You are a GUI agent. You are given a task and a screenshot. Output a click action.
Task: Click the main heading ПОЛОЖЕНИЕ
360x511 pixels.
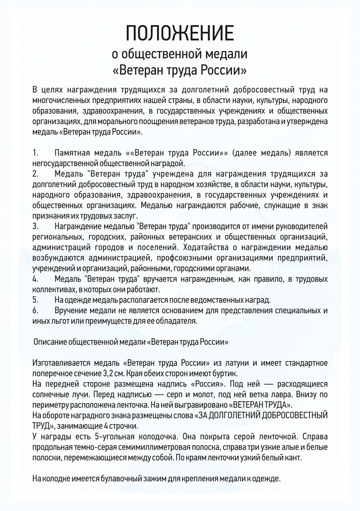[179, 34]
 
